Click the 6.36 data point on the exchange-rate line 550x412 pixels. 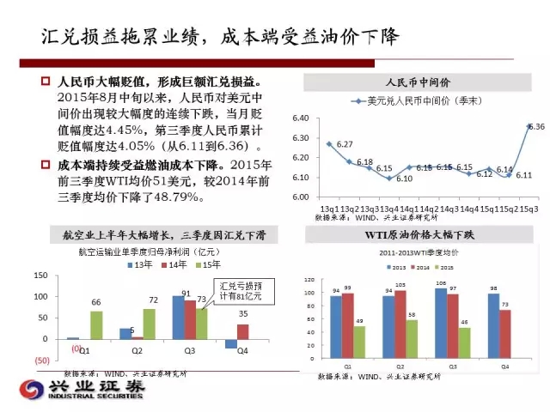(529, 125)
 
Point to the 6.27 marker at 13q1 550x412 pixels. (329, 144)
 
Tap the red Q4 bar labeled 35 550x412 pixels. (242, 331)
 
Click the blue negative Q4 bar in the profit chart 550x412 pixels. (230, 343)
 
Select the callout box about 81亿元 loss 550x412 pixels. (232, 290)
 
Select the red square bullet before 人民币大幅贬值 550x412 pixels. (47, 82)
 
